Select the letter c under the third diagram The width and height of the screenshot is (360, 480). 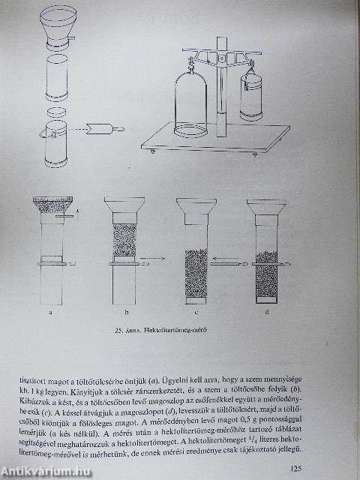(x=196, y=311)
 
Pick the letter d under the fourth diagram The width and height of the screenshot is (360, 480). (x=269, y=311)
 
